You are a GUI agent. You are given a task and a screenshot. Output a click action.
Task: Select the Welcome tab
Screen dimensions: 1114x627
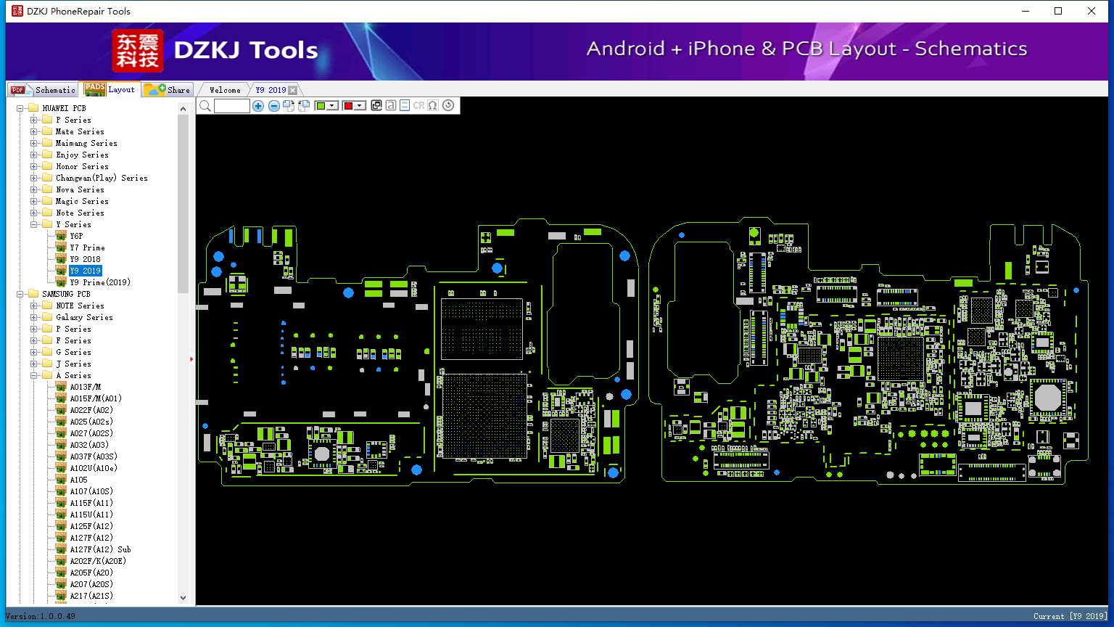click(x=225, y=90)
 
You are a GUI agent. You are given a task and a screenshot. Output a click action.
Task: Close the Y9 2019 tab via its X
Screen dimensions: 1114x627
click(x=293, y=90)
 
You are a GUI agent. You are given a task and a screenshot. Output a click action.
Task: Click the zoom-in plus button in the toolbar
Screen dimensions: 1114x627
click(x=257, y=105)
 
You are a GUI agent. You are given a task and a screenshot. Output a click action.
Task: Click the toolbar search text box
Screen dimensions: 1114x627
click(x=232, y=105)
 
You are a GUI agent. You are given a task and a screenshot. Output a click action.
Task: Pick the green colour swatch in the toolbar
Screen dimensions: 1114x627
click(x=321, y=105)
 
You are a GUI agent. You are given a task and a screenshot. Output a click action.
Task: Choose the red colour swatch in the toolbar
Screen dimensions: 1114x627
click(x=348, y=105)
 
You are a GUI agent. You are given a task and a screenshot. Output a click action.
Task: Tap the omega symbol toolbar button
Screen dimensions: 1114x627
click(x=433, y=105)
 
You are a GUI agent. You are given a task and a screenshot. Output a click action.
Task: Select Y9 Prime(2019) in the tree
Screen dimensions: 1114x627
click(x=99, y=282)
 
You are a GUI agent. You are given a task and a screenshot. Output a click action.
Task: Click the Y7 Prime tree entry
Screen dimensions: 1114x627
click(x=87, y=247)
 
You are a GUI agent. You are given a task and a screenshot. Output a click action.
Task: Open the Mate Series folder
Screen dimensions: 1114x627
click(x=80, y=131)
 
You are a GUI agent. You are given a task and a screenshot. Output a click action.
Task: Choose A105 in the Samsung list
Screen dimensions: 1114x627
click(x=78, y=480)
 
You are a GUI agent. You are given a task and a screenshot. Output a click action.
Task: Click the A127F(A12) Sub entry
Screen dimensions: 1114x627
click(x=100, y=549)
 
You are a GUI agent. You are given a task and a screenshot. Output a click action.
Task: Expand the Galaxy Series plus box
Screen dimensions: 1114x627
click(x=34, y=317)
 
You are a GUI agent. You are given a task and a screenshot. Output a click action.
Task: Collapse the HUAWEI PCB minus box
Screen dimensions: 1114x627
click(x=20, y=108)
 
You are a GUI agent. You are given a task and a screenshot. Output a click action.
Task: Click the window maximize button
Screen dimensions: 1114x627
click(x=1058, y=11)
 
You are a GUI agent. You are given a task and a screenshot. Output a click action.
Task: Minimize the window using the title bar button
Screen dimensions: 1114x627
click(x=1026, y=11)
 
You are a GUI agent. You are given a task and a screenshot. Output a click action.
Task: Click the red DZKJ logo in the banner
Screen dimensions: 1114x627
click(x=138, y=50)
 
